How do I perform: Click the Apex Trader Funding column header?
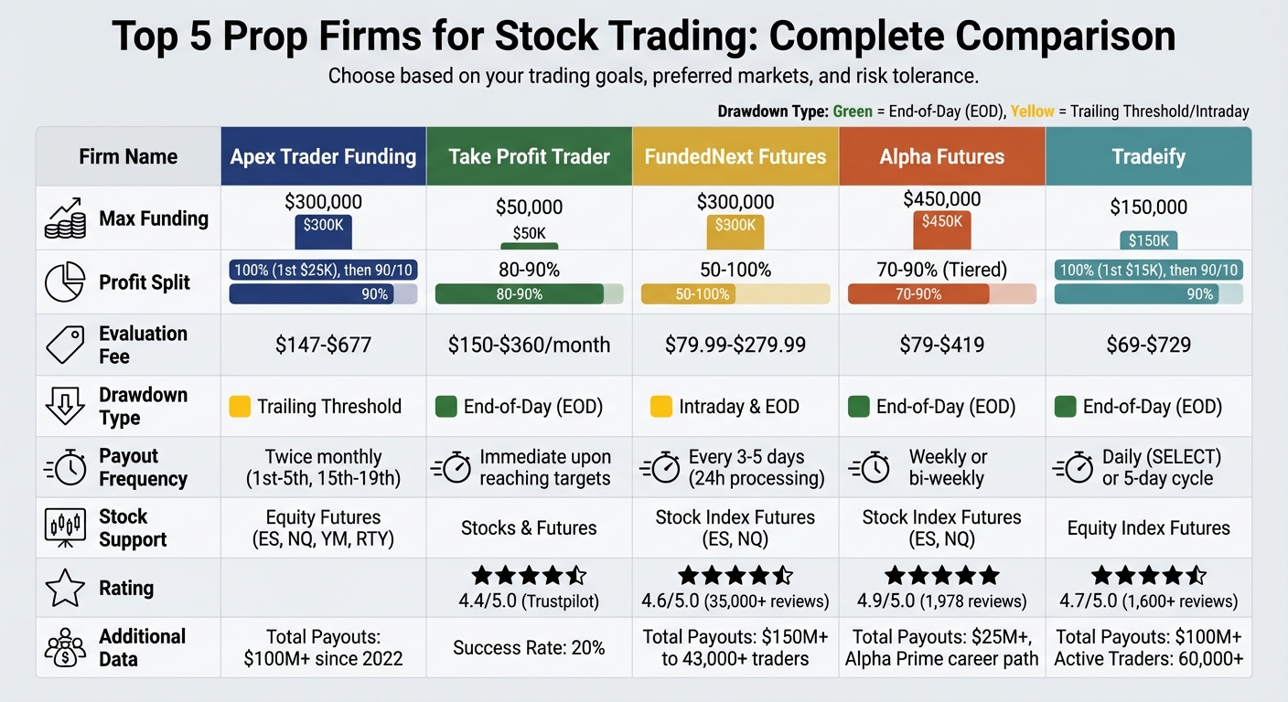tap(323, 156)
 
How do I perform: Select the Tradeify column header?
tap(1148, 156)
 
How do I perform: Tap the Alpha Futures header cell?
tap(941, 156)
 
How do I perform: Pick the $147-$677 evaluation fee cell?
tap(323, 345)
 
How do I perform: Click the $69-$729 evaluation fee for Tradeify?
tap(1148, 345)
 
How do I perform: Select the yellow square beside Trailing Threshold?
tap(240, 406)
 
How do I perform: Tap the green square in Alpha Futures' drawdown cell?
tap(859, 406)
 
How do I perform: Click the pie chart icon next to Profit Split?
tap(64, 282)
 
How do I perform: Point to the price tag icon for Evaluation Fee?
tap(64, 345)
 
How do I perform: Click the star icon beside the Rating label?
tap(64, 588)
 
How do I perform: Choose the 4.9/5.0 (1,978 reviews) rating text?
tap(941, 601)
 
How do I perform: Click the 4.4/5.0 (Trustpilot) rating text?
tap(529, 601)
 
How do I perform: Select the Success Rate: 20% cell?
tap(529, 648)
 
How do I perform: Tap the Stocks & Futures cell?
tap(529, 527)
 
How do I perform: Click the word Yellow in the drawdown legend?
tap(1032, 112)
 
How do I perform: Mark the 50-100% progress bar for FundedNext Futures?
tap(735, 294)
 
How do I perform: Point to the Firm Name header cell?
tap(128, 156)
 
